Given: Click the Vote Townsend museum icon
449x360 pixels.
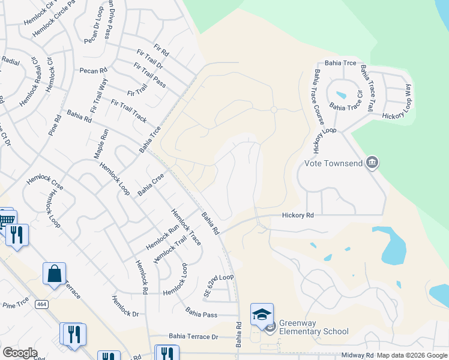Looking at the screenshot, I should tap(372, 163).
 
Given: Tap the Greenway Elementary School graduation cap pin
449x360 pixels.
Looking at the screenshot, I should tap(262, 314).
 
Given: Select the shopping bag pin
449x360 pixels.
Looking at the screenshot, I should tap(54, 274).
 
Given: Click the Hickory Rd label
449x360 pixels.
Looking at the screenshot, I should tap(298, 215).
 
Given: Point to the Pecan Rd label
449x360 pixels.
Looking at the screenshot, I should tap(93, 71).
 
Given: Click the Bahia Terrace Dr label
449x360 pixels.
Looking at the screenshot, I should tap(193, 337).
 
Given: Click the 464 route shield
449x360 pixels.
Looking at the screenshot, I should tap(41, 305).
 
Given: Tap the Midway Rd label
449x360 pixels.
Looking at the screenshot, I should tap(358, 355).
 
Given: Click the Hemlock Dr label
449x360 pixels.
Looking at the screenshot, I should tap(125, 305).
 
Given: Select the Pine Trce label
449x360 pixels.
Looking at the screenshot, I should tap(16, 305).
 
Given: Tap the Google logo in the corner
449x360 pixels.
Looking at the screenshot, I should tap(20, 353).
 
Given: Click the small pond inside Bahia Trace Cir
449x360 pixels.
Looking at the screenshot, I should tap(341, 95).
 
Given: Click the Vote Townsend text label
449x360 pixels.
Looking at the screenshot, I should tap(334, 163).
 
